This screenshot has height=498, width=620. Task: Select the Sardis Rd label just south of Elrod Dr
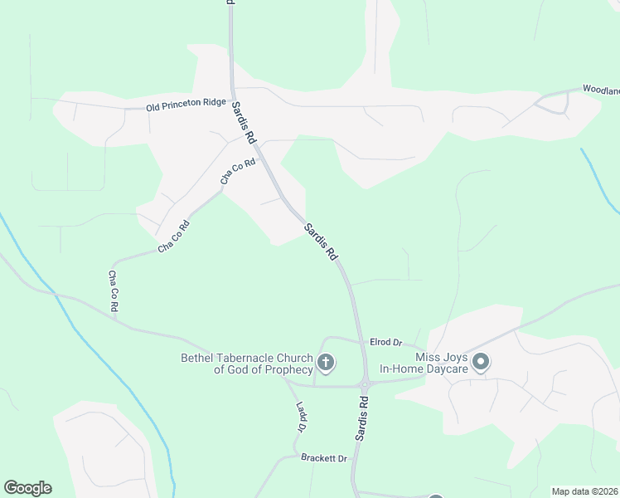pos(362,417)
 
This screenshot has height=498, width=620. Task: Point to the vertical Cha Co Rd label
pos(114,291)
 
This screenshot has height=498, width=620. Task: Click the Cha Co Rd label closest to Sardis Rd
pos(237,171)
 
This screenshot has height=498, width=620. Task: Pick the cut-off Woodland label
pos(601,89)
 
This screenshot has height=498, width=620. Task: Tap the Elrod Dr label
pos(385,342)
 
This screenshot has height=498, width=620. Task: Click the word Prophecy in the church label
pos(284,369)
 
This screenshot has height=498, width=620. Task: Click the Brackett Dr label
pos(323,458)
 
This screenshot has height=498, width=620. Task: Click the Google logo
pos(27,488)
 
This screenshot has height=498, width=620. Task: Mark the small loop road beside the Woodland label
pos(555,102)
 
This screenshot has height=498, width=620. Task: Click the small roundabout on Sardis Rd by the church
pos(364,383)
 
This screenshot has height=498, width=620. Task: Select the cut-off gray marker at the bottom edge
pos(436,496)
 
